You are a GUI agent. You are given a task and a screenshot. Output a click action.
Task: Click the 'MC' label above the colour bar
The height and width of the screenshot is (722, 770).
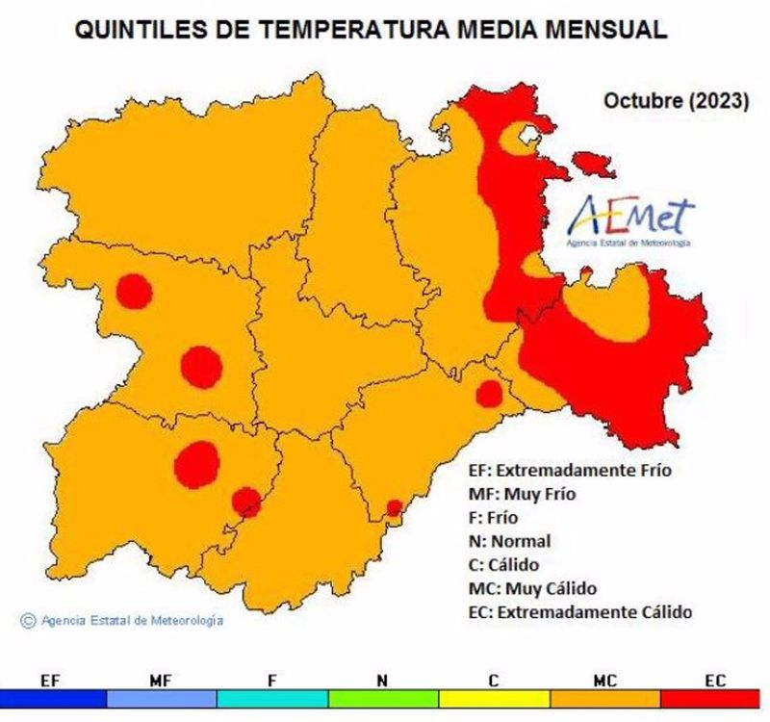pyautogui.click(x=604, y=681)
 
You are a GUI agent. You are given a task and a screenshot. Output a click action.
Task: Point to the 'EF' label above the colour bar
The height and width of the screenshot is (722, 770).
pyautogui.click(x=52, y=681)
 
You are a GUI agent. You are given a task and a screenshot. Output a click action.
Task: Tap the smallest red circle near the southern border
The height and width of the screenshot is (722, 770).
pyautogui.click(x=394, y=507)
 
